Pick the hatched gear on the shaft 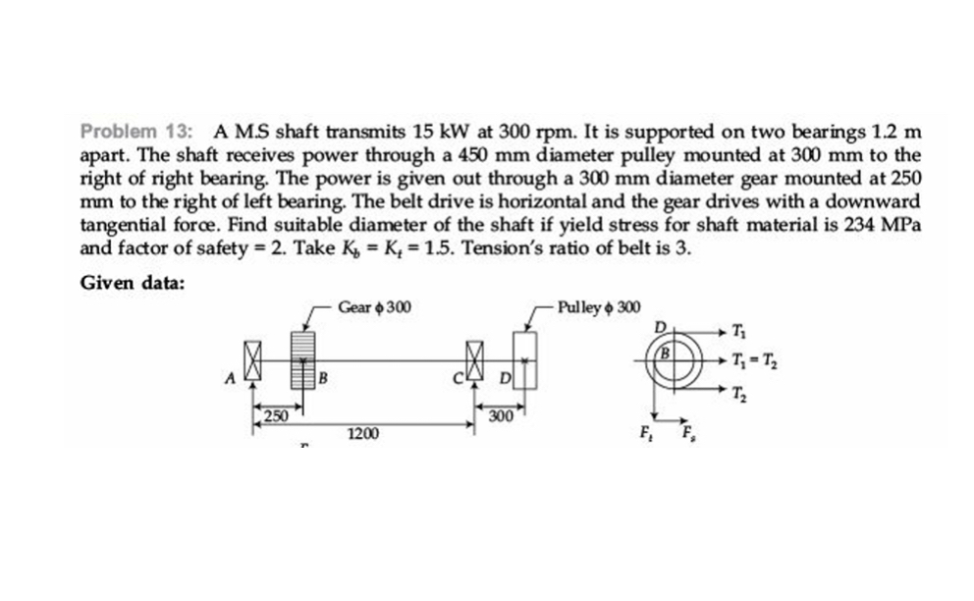tap(303, 359)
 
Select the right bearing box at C tap(477, 360)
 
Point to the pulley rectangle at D tap(525, 360)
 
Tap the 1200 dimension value tap(364, 432)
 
